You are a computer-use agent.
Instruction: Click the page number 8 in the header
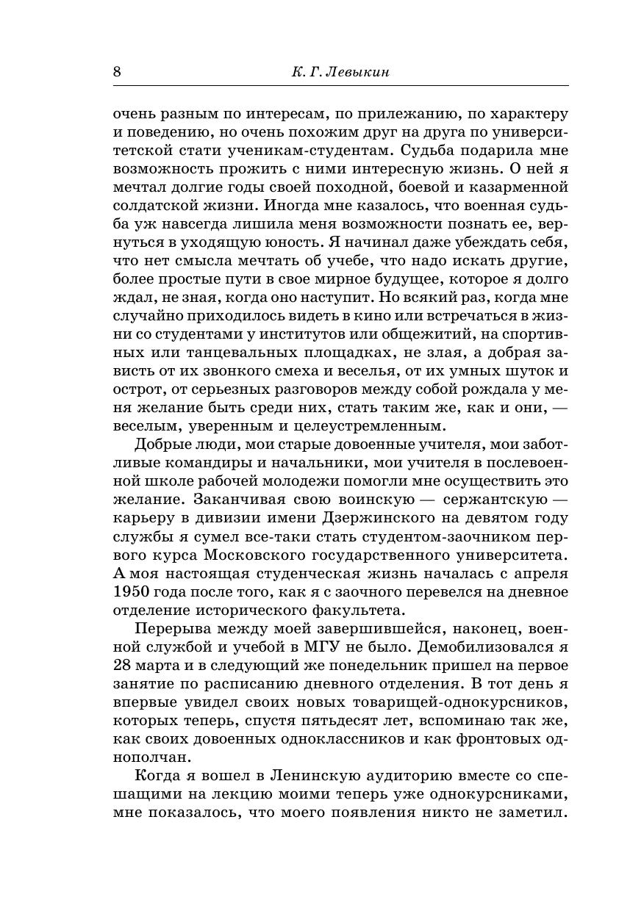click(118, 71)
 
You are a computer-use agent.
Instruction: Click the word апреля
click(537, 573)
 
